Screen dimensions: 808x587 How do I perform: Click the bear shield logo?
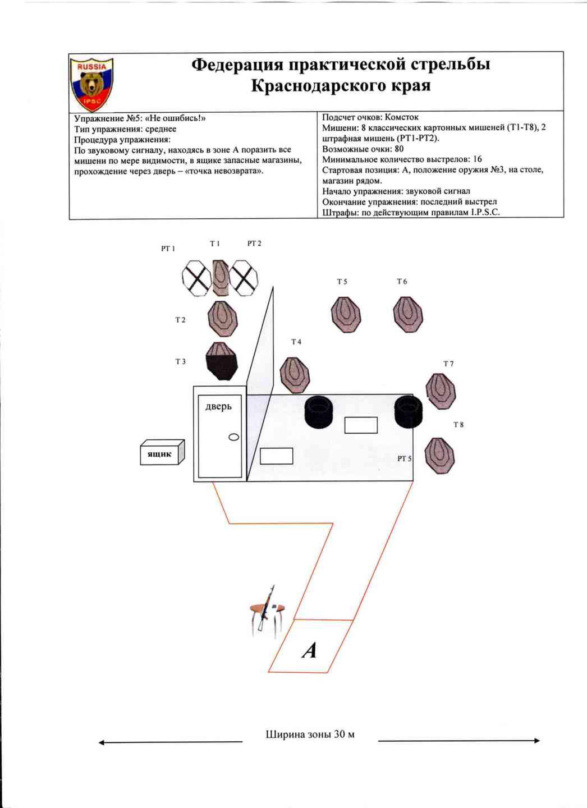[x=91, y=84]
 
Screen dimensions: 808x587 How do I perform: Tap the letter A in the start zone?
[x=309, y=650]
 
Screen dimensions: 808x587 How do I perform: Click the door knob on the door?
[x=233, y=437]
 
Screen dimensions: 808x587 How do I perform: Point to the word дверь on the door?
[x=218, y=406]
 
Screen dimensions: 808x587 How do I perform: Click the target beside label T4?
[x=295, y=375]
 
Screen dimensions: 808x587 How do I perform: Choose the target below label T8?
[x=439, y=455]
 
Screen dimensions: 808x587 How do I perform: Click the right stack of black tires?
[x=407, y=412]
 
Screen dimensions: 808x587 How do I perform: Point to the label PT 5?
[x=404, y=458]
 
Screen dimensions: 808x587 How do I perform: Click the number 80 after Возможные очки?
[x=399, y=149]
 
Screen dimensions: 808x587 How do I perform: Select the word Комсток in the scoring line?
[x=401, y=117]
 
